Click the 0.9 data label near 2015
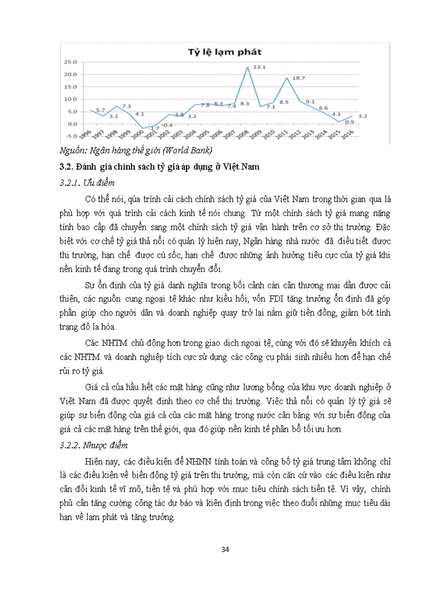tap(348, 121)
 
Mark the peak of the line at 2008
tap(248, 66)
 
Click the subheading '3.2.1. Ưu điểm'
tap(87, 183)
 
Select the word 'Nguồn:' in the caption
tap(75, 151)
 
